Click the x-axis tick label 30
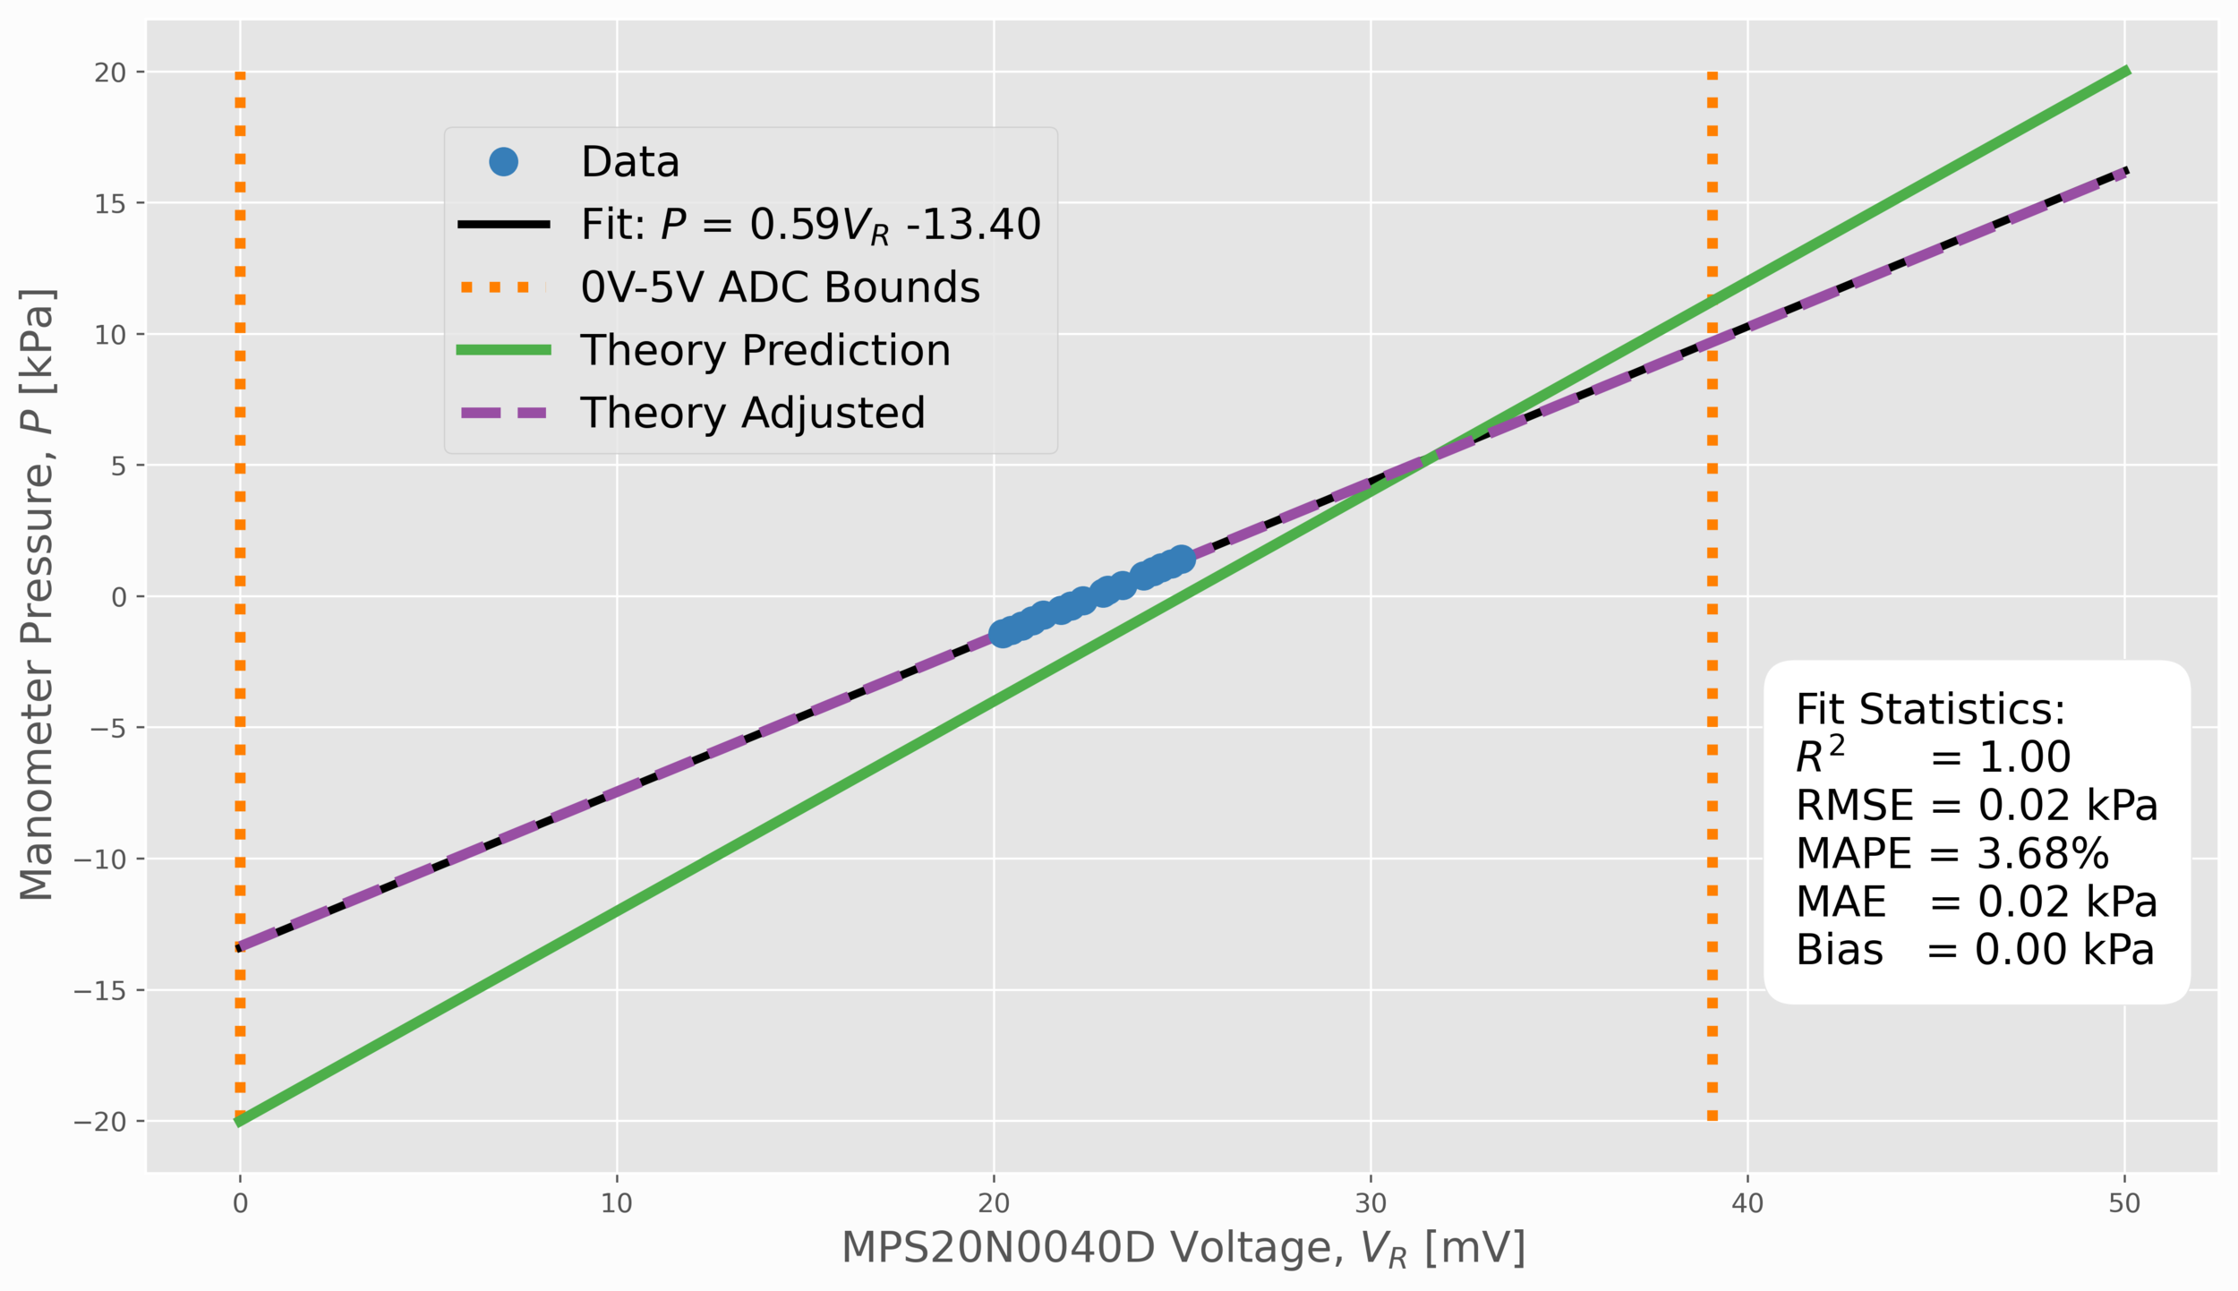pyautogui.click(x=1371, y=1203)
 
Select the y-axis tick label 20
pyautogui.click(x=111, y=73)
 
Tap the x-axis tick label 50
pyautogui.click(x=2124, y=1203)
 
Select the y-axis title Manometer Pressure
pyautogui.click(x=38, y=594)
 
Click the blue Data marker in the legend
pyautogui.click(x=503, y=162)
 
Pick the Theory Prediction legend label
pyautogui.click(x=765, y=350)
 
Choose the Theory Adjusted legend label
pyautogui.click(x=753, y=413)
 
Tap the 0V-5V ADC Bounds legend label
pyautogui.click(x=780, y=287)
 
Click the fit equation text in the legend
pyautogui.click(x=810, y=225)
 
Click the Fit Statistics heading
pyautogui.click(x=1930, y=709)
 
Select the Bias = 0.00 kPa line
pyautogui.click(x=1975, y=950)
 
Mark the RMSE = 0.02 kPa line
pyautogui.click(x=1977, y=805)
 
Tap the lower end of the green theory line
pyautogui.click(x=239, y=1121)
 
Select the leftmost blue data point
pyautogui.click(x=1002, y=634)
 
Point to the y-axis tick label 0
pyautogui.click(x=119, y=597)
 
